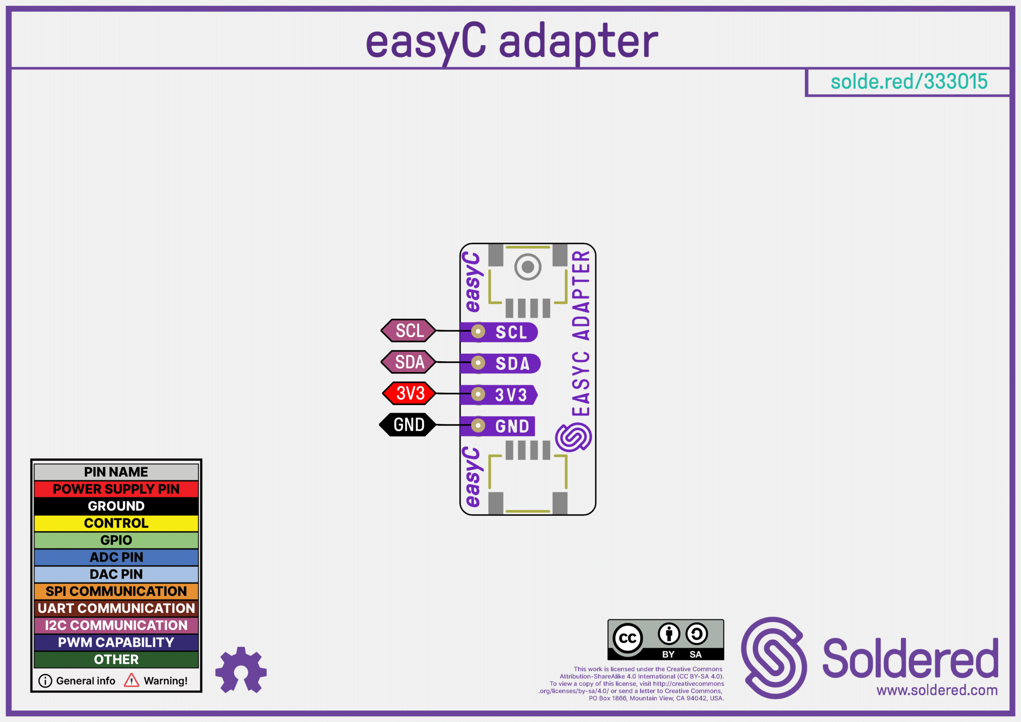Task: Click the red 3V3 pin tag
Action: (x=410, y=393)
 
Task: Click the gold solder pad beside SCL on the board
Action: (x=478, y=331)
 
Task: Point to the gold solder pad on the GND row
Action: (x=478, y=426)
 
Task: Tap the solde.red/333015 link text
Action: (x=909, y=82)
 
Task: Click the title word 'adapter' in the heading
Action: (x=578, y=42)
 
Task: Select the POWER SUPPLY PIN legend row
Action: (x=116, y=489)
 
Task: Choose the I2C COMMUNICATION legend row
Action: (x=116, y=625)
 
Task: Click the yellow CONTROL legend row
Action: (x=116, y=523)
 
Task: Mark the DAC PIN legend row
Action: (x=116, y=574)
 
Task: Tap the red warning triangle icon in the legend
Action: (x=131, y=681)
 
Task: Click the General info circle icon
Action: (x=45, y=681)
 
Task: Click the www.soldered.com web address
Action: (x=937, y=690)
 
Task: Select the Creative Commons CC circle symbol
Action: (x=627, y=639)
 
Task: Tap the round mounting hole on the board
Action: (x=528, y=267)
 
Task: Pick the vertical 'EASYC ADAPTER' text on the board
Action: (x=581, y=333)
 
